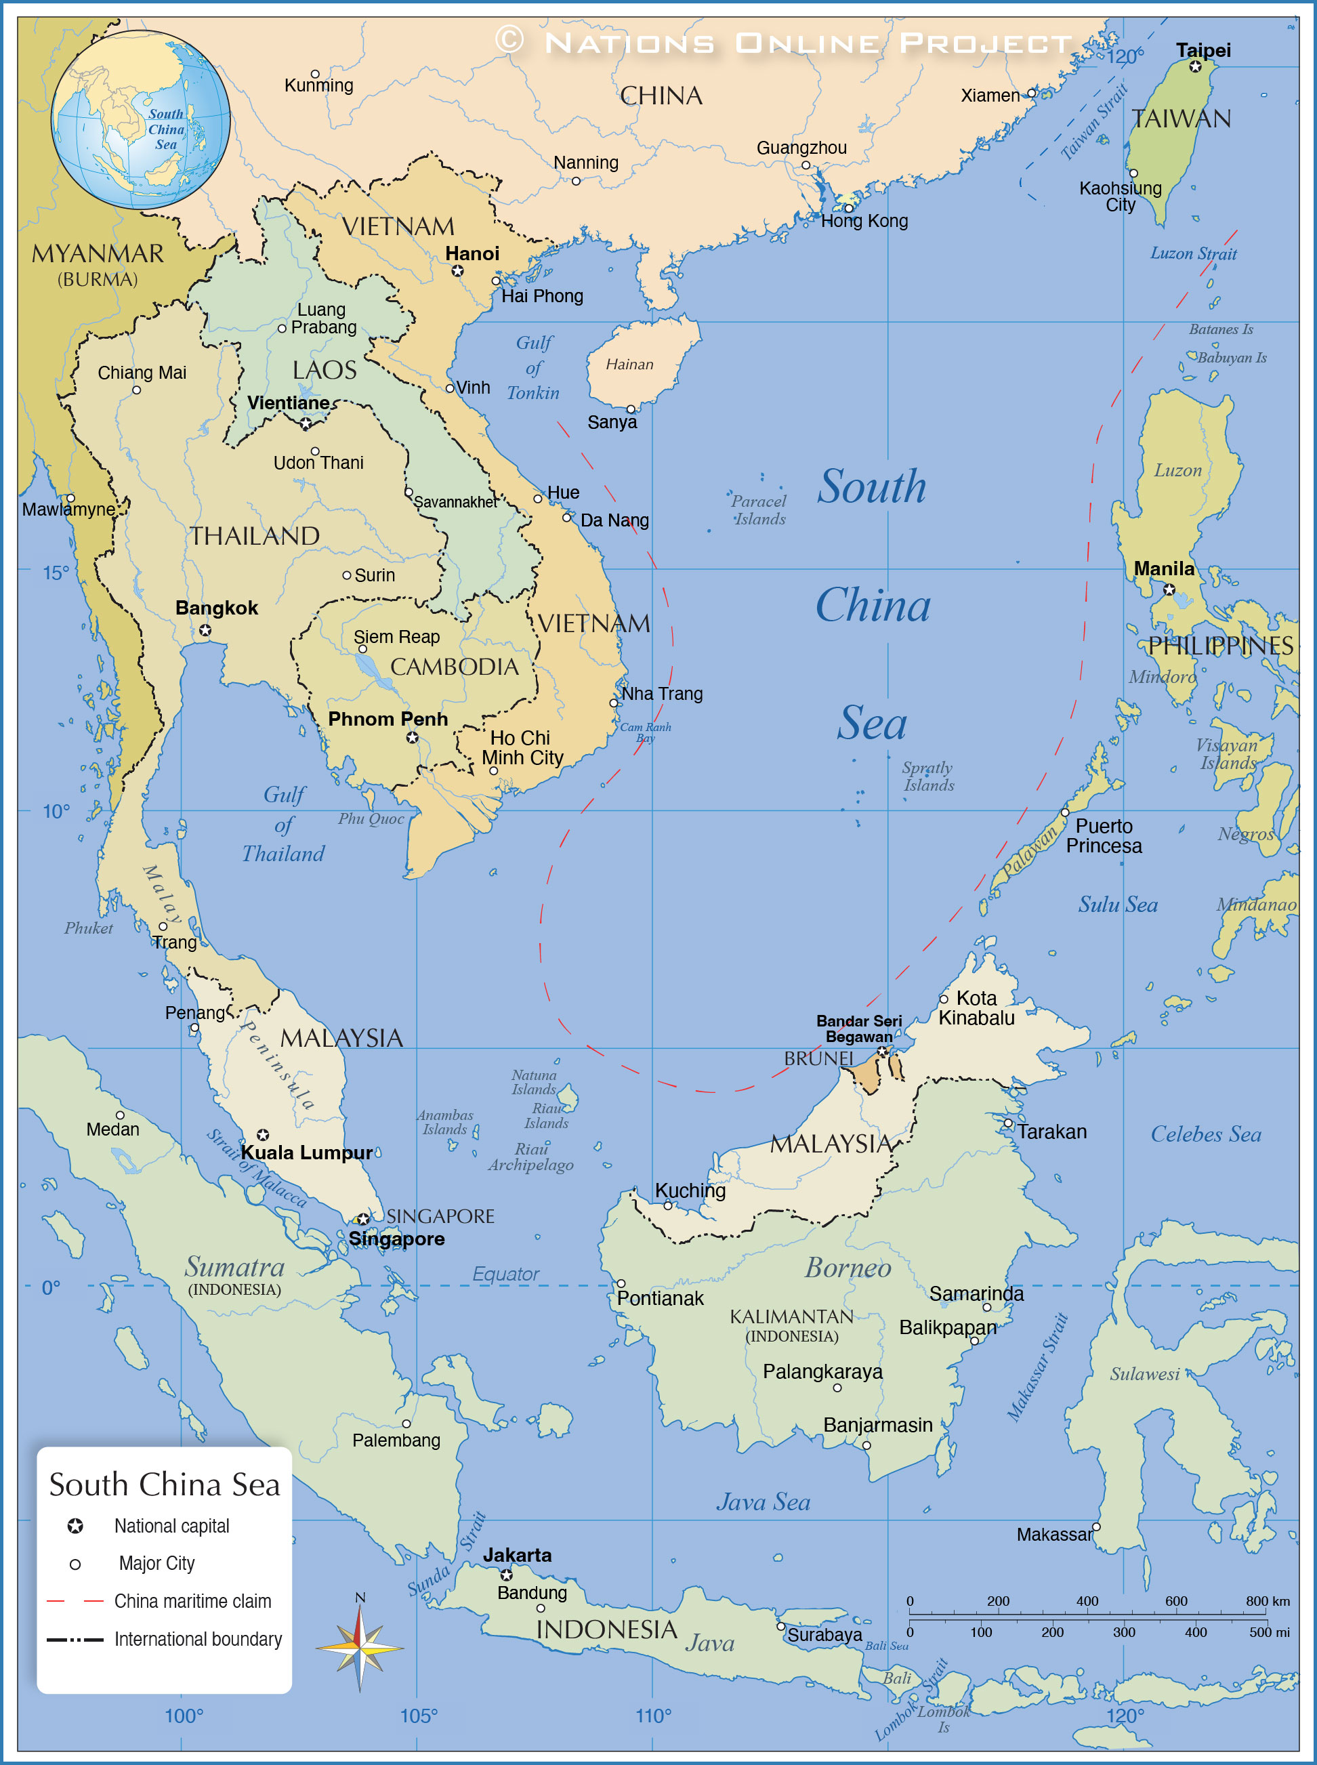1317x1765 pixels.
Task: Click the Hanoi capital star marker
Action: click(457, 271)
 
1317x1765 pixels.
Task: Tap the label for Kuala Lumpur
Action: click(306, 1152)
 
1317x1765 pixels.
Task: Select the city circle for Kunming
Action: click(315, 74)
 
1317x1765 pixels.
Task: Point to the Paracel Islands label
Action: click(759, 510)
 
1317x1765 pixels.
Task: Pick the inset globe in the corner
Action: click(141, 119)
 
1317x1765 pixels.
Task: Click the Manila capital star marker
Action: click(1169, 590)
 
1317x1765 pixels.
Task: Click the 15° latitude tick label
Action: click(56, 573)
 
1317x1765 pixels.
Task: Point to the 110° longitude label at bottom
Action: click(653, 1716)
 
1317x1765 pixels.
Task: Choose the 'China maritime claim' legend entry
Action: click(192, 1601)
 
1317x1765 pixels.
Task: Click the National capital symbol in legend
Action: click(75, 1526)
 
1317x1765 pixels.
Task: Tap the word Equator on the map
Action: click(505, 1274)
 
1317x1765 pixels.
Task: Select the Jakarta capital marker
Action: click(506, 1575)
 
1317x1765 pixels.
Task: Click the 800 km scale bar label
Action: click(1268, 1601)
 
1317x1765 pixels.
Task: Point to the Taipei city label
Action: click(1203, 50)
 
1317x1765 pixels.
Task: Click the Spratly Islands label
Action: click(928, 776)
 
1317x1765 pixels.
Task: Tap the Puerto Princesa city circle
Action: click(1065, 812)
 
